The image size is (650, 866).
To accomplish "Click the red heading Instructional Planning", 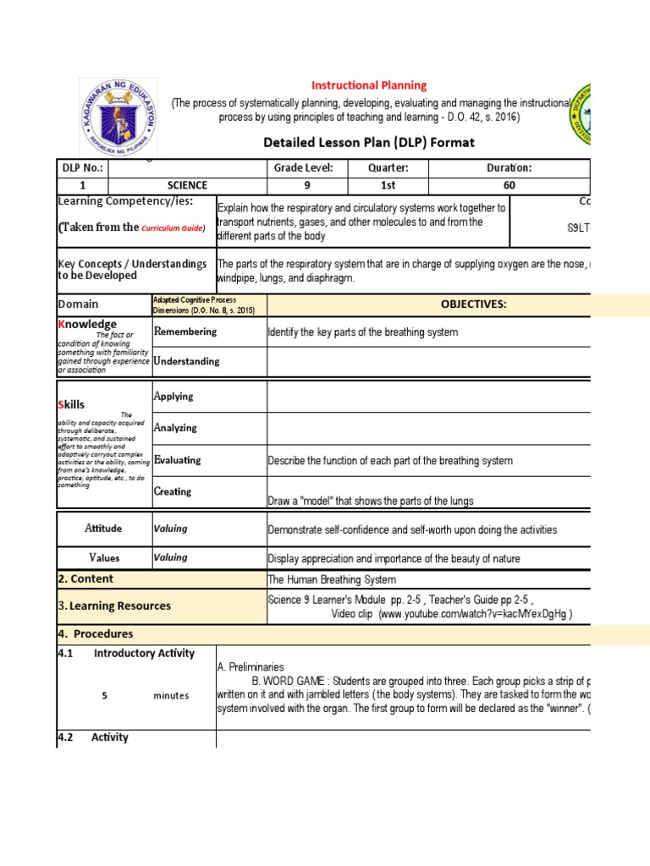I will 369,85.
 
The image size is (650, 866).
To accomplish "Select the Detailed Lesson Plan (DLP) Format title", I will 369,142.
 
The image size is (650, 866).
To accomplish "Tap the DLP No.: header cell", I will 81,167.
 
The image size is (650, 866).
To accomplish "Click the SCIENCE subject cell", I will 187,185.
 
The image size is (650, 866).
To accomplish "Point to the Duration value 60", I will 509,185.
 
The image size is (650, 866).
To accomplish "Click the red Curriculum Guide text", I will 173,228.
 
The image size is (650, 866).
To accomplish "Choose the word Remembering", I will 185,332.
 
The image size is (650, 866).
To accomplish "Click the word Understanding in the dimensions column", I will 187,361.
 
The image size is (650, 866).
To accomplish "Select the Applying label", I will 174,396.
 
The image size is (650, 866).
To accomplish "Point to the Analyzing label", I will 175,428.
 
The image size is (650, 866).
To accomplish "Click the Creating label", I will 173,491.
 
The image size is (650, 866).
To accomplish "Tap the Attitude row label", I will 103,529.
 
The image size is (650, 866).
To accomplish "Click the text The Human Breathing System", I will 331,579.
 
